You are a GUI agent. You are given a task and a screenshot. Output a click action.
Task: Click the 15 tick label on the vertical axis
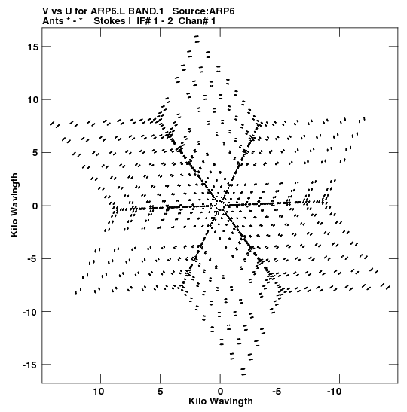[x=33, y=47]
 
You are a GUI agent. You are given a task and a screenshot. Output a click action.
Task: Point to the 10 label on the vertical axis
[x=33, y=100]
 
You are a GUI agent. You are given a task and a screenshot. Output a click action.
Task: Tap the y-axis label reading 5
[x=35, y=153]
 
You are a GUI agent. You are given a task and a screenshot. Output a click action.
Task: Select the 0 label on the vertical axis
[x=35, y=206]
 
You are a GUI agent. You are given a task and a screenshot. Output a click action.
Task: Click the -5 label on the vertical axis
[x=33, y=259]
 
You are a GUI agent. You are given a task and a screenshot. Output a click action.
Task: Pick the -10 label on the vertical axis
[x=30, y=312]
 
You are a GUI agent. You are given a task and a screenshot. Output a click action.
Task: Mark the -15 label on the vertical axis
[x=30, y=365]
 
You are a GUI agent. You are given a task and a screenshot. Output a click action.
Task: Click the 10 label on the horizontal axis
[x=99, y=392]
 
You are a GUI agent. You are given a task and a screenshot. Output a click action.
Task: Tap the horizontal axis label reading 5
[x=161, y=392]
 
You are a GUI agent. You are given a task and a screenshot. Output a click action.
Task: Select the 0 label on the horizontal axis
[x=220, y=392]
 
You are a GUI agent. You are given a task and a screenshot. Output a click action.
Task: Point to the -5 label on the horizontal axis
[x=277, y=392]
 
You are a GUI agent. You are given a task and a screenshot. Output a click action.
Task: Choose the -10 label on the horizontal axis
[x=335, y=392]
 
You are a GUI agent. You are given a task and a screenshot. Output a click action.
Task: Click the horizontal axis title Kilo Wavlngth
[x=221, y=401]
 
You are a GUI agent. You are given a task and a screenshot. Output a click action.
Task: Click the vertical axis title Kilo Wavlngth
[x=14, y=205]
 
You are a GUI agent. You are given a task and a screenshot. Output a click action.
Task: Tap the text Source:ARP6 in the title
[x=203, y=11]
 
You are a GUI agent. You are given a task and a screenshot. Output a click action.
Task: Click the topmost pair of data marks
[x=197, y=39]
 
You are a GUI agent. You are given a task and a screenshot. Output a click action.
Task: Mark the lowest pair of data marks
[x=243, y=372]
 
